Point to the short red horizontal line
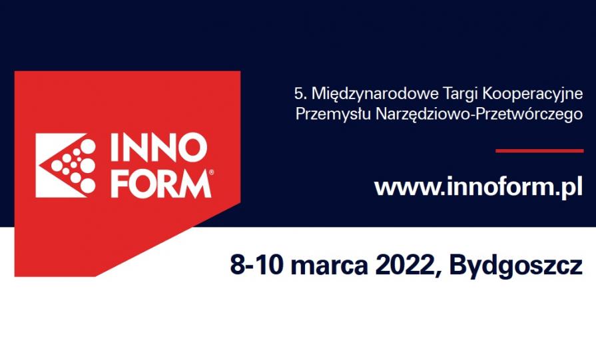click(539, 150)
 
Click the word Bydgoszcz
click(515, 265)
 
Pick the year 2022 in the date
click(404, 265)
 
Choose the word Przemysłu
click(332, 114)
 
